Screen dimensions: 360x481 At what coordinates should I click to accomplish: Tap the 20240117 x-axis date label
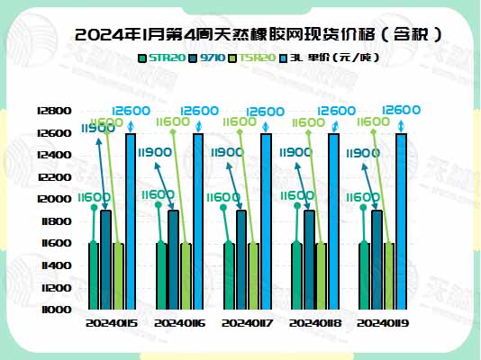pyautogui.click(x=246, y=321)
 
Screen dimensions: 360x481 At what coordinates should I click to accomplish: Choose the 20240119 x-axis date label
pyautogui.click(x=382, y=321)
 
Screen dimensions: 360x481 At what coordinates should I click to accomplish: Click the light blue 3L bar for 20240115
pyautogui.click(x=131, y=220)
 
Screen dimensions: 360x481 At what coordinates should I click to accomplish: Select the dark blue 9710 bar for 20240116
pyautogui.click(x=174, y=259)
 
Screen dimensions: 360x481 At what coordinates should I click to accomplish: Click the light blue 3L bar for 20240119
pyautogui.click(x=401, y=220)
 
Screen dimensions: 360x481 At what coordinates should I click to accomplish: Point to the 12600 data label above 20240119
pyautogui.click(x=401, y=110)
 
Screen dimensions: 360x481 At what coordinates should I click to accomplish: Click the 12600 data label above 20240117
pyautogui.click(x=266, y=112)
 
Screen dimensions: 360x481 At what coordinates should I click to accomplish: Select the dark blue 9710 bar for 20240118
pyautogui.click(x=309, y=259)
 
